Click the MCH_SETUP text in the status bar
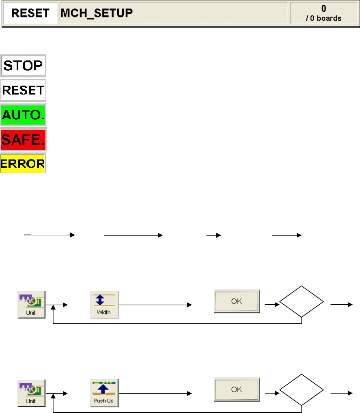[x=97, y=13]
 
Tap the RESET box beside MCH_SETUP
[x=30, y=13]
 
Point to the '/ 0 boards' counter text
[x=323, y=18]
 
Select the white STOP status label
[x=24, y=66]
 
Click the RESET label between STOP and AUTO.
[x=24, y=90]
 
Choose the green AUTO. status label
[x=24, y=115]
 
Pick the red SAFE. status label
[x=24, y=140]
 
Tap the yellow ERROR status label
[x=23, y=163]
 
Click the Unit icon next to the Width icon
[x=31, y=304]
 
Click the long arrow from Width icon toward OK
[x=154, y=304]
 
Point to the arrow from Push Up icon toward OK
[x=154, y=393]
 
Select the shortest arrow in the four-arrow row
[x=213, y=235]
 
